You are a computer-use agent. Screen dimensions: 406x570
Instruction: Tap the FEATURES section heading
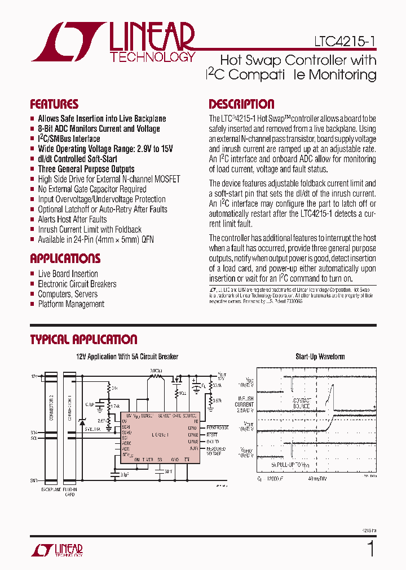coord(54,104)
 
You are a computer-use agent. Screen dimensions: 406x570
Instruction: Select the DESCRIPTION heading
coord(241,104)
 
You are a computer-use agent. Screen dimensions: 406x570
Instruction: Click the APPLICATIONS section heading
coord(65,259)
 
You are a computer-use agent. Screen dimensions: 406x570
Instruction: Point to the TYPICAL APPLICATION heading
coord(83,340)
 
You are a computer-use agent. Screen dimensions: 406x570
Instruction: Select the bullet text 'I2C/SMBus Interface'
coord(69,139)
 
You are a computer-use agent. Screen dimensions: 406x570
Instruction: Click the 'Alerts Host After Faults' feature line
coord(72,219)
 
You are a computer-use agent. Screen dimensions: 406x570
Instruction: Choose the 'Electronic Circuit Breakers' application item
coord(77,284)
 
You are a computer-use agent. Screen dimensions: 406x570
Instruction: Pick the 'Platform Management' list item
coord(71,304)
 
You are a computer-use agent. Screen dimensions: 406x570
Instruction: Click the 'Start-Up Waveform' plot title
coord(320,357)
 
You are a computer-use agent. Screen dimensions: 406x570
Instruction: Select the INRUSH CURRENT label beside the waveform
coord(245,404)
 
